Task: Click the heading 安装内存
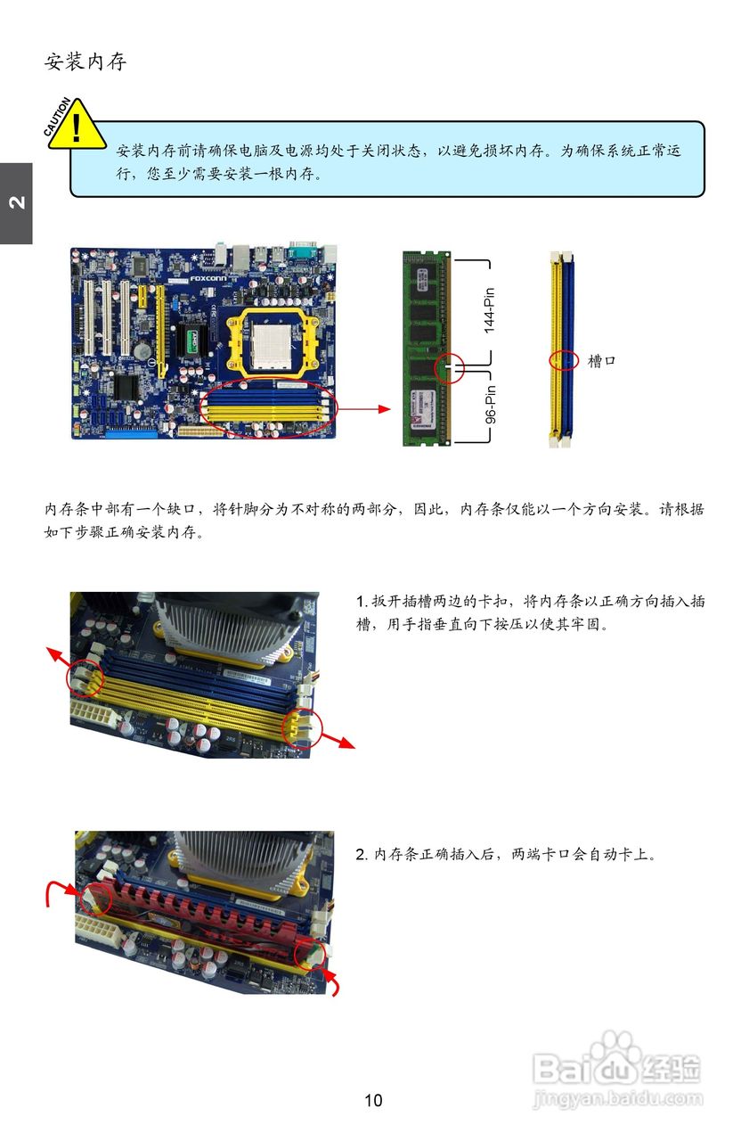pyautogui.click(x=85, y=62)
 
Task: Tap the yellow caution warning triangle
pyautogui.click(x=76, y=127)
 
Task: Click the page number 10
pyautogui.click(x=373, y=1100)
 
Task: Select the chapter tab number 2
pyautogui.click(x=16, y=203)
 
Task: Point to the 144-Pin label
pyautogui.click(x=489, y=310)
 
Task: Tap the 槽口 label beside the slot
pyautogui.click(x=602, y=361)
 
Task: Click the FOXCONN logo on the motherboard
pyautogui.click(x=208, y=278)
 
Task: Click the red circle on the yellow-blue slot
pyautogui.click(x=563, y=360)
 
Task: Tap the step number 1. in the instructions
pyautogui.click(x=362, y=602)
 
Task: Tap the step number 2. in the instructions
pyautogui.click(x=362, y=855)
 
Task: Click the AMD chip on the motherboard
pyautogui.click(x=195, y=341)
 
